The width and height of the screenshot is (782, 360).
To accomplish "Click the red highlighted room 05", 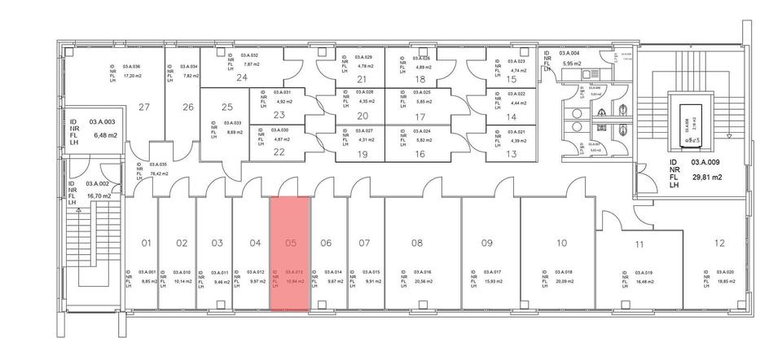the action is click(289, 252).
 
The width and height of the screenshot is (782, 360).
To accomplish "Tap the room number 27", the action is click(145, 107).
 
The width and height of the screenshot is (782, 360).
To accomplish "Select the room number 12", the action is click(718, 243).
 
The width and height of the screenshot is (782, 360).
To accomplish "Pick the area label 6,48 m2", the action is click(106, 134).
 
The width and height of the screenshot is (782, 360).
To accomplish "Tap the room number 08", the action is click(417, 243).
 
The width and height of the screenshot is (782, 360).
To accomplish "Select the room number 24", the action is click(242, 78).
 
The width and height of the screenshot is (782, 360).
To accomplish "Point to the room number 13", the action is click(512, 152).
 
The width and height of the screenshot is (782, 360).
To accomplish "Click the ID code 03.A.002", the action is click(99, 185).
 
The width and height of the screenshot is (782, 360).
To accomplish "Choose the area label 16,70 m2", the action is click(99, 195).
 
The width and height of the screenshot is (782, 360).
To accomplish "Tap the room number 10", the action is click(562, 243).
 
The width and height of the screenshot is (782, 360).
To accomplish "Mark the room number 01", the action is click(147, 243).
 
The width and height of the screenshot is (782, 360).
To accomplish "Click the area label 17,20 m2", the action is click(133, 75).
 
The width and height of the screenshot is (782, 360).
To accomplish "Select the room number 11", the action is click(640, 244).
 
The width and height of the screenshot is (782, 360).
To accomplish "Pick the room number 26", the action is click(188, 107).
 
